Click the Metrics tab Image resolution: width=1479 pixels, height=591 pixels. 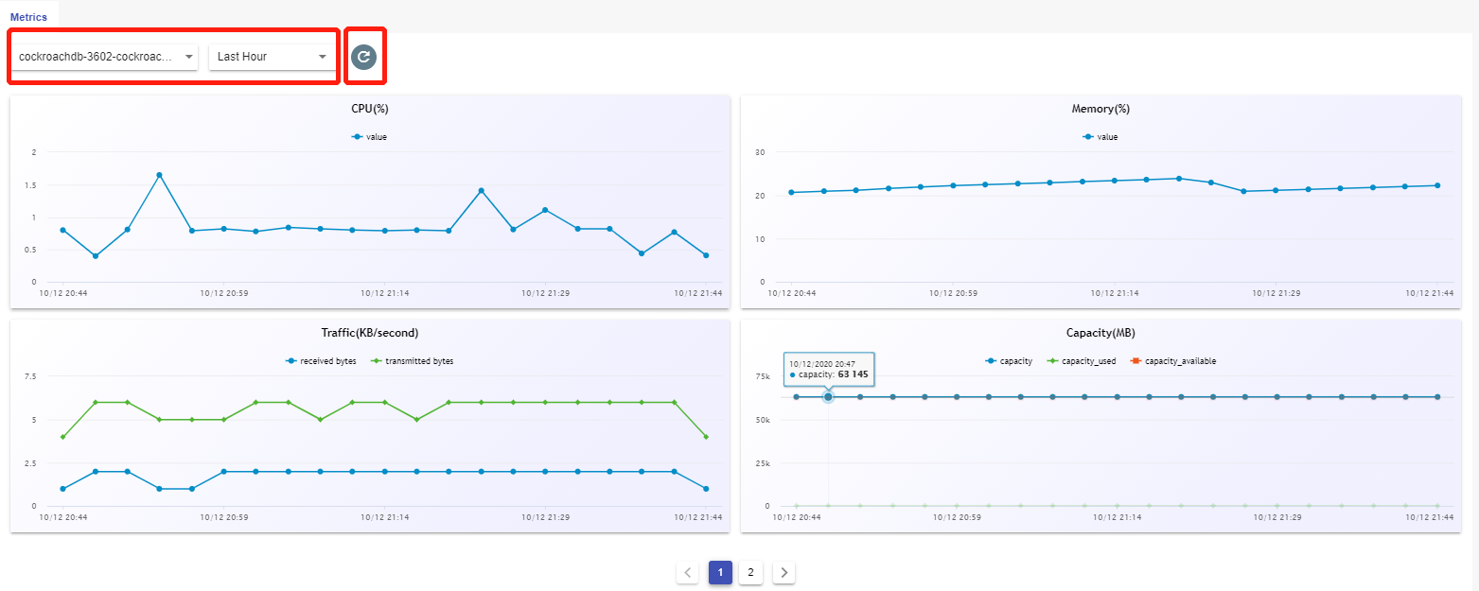(28, 17)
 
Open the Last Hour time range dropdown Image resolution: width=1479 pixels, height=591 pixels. (272, 57)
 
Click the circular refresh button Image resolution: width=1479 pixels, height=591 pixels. (363, 57)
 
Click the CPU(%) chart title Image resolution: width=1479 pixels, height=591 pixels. (369, 109)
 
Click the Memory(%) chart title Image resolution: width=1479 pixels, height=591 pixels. (1100, 109)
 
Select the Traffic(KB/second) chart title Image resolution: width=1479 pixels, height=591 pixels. (369, 333)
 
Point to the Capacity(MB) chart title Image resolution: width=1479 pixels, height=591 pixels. (1100, 333)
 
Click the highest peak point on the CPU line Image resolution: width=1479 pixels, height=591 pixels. (159, 175)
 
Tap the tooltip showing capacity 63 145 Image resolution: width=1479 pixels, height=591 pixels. (829, 370)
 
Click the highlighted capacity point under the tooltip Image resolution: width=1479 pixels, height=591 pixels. (828, 397)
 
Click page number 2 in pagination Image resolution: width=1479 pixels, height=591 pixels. (750, 572)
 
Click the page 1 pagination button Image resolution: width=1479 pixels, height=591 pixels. (720, 572)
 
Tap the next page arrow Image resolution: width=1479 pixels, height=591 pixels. (784, 572)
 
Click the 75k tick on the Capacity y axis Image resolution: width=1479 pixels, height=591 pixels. (763, 376)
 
